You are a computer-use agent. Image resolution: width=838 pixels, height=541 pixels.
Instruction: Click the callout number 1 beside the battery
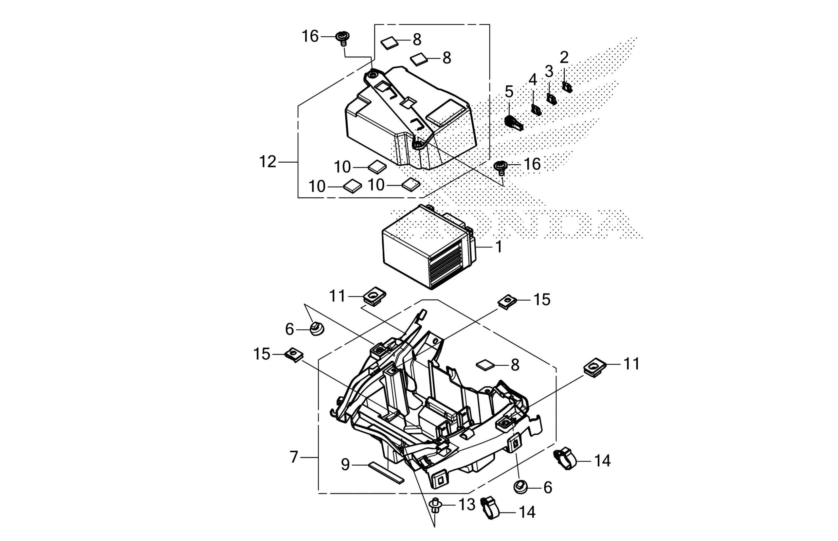point(499,247)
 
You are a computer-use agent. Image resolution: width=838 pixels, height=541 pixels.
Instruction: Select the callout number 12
point(268,162)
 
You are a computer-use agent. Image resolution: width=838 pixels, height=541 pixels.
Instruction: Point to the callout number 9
point(346,465)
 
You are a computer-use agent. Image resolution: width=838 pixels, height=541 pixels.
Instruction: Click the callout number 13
point(467,505)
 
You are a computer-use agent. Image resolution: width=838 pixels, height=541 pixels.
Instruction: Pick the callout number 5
point(509,92)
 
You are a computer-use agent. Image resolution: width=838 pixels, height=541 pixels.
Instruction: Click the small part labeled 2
point(567,87)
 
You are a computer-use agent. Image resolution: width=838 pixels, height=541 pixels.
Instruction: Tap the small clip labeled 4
point(536,110)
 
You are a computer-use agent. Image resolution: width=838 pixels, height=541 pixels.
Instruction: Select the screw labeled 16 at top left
point(342,38)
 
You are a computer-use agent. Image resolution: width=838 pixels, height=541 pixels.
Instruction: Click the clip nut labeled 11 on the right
point(595,368)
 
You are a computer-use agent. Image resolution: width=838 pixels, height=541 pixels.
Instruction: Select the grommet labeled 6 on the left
point(317,330)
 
